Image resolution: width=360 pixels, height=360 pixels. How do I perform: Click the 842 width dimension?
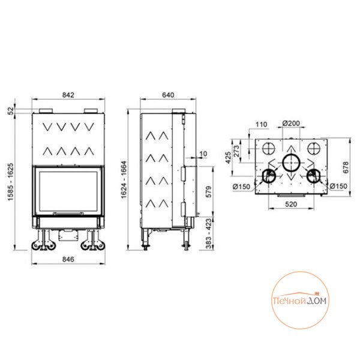[x=68, y=95]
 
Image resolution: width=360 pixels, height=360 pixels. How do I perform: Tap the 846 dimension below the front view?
[x=68, y=259]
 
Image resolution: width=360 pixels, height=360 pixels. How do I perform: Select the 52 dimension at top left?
[x=11, y=111]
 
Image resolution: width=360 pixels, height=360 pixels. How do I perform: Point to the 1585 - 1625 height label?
[x=11, y=182]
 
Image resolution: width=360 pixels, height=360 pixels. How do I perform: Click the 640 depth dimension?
[x=168, y=95]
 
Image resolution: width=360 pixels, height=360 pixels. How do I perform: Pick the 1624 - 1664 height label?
[x=124, y=180]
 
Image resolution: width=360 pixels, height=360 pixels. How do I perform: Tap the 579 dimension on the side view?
[x=209, y=192]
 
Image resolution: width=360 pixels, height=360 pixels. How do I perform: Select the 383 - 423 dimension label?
[x=209, y=233]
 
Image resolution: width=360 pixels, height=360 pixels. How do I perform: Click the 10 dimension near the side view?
[x=203, y=154]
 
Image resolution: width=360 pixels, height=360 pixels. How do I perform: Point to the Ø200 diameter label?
[x=291, y=123]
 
